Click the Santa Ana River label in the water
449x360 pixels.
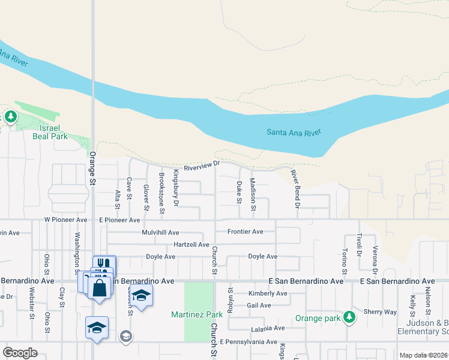[x=294, y=132]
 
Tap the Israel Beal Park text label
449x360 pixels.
[x=50, y=132]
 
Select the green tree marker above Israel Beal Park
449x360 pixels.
[x=10, y=116]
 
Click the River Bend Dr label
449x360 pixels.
[x=295, y=188]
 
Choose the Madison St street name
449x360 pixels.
[x=253, y=194]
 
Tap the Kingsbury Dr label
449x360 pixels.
[x=176, y=187]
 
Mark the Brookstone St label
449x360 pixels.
[x=161, y=193]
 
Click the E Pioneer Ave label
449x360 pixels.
[x=119, y=220]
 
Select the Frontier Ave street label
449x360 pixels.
[x=245, y=232]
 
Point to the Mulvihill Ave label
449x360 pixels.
[x=160, y=232]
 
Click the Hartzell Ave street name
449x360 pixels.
[x=191, y=245]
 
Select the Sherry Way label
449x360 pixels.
[x=380, y=312]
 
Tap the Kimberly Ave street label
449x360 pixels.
[x=268, y=293]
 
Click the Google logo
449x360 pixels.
[x=20, y=353]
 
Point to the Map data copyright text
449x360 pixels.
[x=423, y=355]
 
